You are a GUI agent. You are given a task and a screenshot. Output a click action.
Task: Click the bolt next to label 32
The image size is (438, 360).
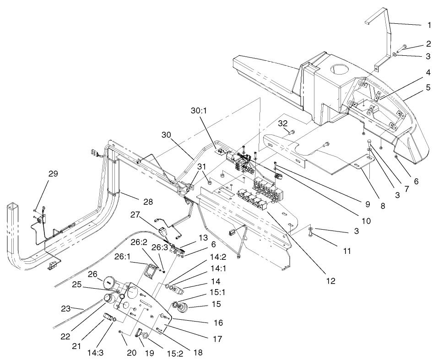point(292,133)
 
